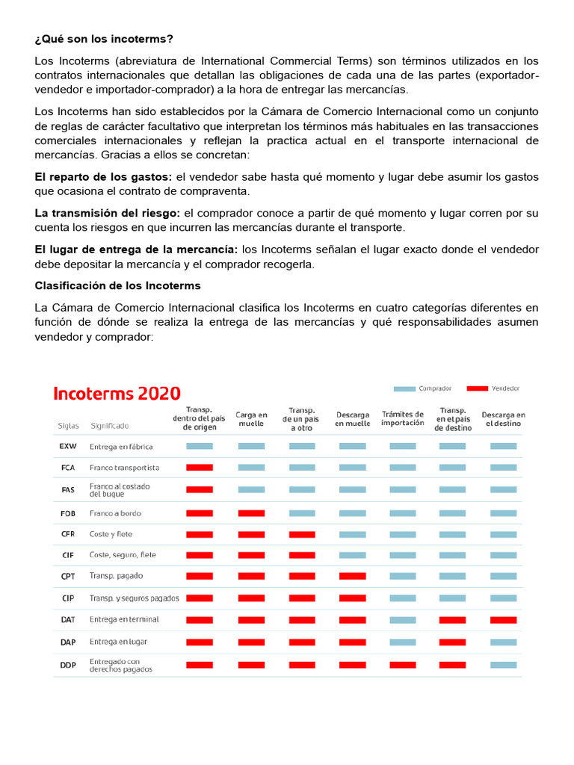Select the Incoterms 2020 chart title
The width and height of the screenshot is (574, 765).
click(x=116, y=394)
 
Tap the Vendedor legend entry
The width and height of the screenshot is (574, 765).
click(x=494, y=388)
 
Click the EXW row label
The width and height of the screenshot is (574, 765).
click(x=67, y=447)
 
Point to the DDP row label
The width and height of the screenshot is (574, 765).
click(x=67, y=664)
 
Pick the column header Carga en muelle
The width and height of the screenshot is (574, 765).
click(x=251, y=419)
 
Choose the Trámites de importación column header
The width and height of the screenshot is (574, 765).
click(x=402, y=419)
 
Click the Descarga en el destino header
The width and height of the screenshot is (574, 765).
click(x=503, y=419)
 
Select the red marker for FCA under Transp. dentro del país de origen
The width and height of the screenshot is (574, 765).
click(x=200, y=468)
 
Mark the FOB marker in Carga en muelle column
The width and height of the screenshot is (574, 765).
click(x=251, y=513)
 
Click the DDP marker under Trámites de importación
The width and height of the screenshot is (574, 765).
click(x=402, y=664)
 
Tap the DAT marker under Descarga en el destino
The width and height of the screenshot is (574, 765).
click(x=503, y=620)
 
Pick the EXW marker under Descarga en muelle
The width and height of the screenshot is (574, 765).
click(x=353, y=446)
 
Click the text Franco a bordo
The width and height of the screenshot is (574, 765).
click(x=115, y=513)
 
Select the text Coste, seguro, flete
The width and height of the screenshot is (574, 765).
click(x=123, y=555)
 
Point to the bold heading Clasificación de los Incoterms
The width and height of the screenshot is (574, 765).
click(x=117, y=285)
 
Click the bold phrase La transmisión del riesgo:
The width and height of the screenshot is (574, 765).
click(x=108, y=213)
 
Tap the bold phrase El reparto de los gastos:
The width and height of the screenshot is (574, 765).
click(x=103, y=176)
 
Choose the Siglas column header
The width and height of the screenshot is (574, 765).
click(x=68, y=426)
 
